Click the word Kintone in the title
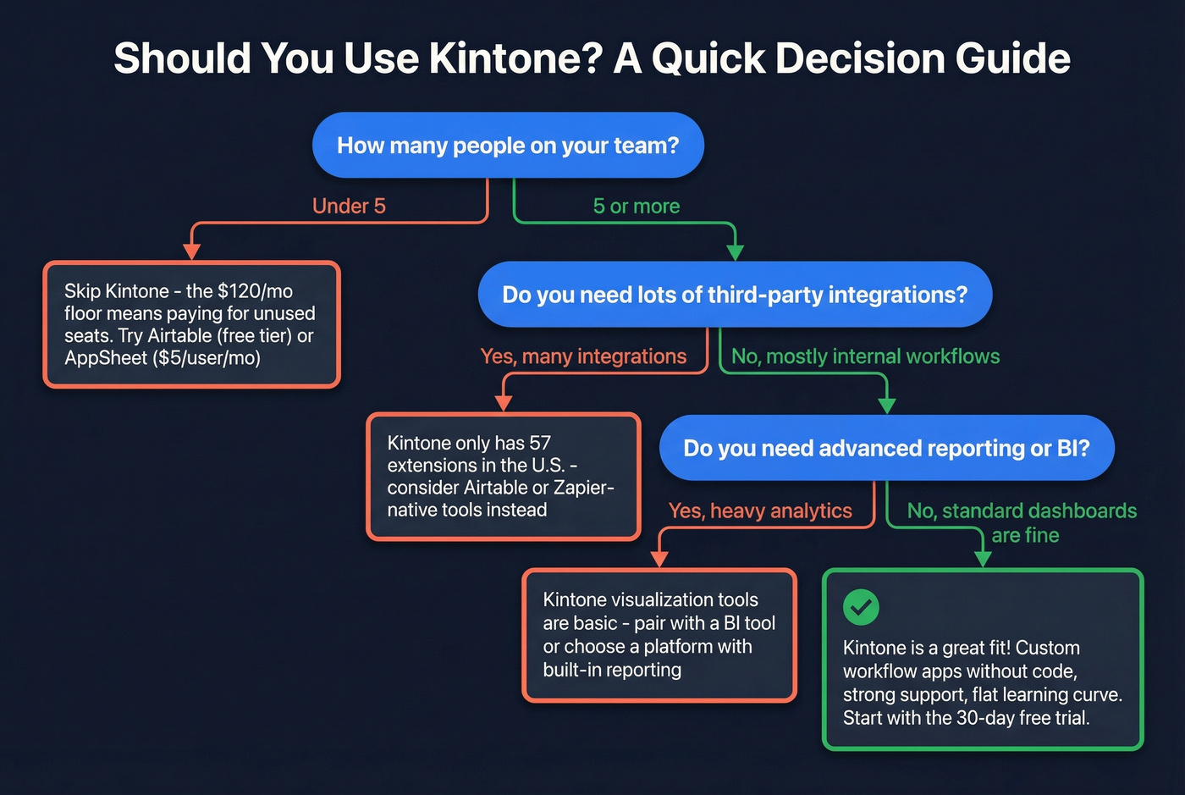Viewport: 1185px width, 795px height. pyautogui.click(x=515, y=58)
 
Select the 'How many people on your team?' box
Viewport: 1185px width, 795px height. pyautogui.click(x=508, y=146)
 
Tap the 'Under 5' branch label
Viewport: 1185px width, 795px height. pyautogui.click(x=349, y=206)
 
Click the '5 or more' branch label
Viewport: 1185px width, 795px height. pyautogui.click(x=636, y=206)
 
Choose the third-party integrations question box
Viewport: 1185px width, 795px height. pyautogui.click(x=735, y=295)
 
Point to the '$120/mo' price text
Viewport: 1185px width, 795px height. pyautogui.click(x=255, y=291)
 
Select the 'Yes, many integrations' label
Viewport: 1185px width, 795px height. pyautogui.click(x=583, y=356)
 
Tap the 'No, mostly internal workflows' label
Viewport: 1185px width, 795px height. pyautogui.click(x=865, y=356)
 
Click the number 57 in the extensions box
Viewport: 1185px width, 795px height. pyautogui.click(x=540, y=443)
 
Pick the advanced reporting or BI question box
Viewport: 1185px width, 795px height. pyautogui.click(x=886, y=448)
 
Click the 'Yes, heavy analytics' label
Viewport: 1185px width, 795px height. pyautogui.click(x=760, y=511)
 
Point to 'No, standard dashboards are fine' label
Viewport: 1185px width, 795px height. pyautogui.click(x=1022, y=522)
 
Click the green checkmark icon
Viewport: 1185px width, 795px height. pyautogui.click(x=861, y=606)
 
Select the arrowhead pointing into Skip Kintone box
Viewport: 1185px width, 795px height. pyautogui.click(x=192, y=251)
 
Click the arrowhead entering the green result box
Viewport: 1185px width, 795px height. pyautogui.click(x=983, y=559)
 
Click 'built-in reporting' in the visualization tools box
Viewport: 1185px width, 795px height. pyautogui.click(x=612, y=670)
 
